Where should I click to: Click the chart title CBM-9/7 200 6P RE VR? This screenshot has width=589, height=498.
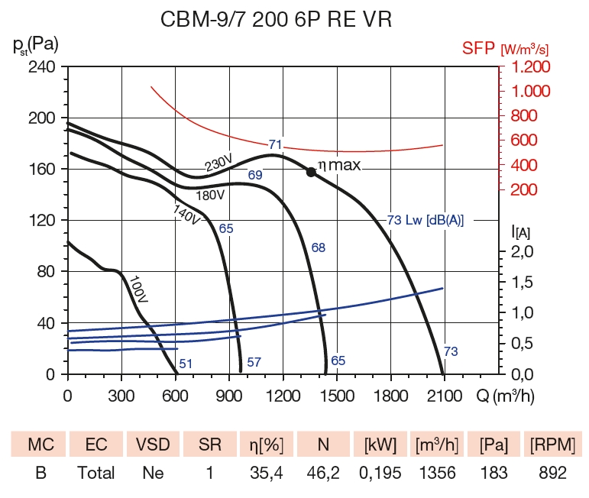click(x=276, y=20)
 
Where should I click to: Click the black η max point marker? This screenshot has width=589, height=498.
click(x=311, y=172)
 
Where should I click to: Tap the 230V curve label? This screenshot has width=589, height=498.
click(x=218, y=163)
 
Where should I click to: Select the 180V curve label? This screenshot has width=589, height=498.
click(x=210, y=196)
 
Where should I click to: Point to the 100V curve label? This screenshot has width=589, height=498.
click(x=138, y=289)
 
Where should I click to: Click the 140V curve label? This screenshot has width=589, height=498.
click(x=186, y=215)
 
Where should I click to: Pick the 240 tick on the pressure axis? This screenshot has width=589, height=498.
click(x=42, y=67)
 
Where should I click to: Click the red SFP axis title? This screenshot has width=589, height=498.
click(x=505, y=50)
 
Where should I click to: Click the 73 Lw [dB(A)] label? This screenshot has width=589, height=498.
click(x=426, y=221)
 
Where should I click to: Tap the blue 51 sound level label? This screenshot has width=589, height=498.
click(x=185, y=364)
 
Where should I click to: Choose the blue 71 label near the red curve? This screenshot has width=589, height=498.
click(x=276, y=144)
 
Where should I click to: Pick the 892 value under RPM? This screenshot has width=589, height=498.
click(x=552, y=474)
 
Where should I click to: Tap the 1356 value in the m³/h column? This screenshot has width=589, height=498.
click(x=437, y=474)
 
